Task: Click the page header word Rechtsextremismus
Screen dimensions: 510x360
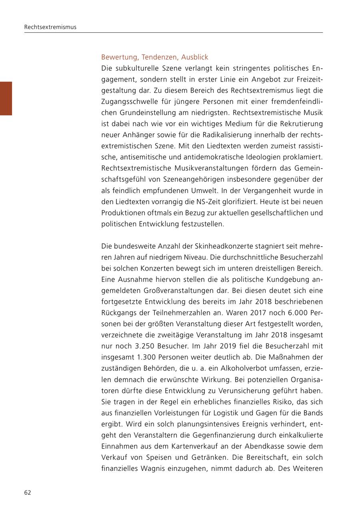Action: point(50,27)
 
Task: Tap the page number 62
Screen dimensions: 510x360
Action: point(28,492)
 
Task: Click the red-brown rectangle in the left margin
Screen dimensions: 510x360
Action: point(6,98)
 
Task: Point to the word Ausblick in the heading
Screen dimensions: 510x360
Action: point(195,57)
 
